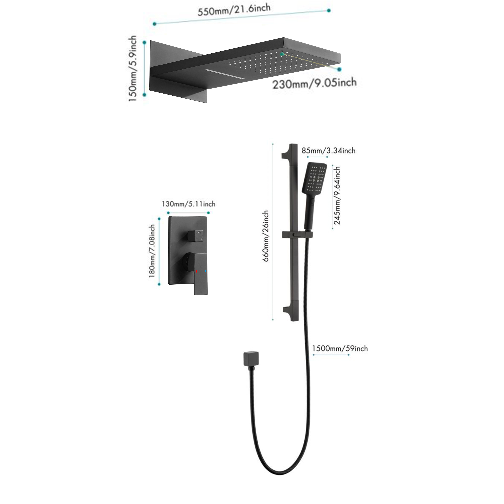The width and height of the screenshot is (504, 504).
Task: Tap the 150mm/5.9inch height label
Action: click(x=133, y=69)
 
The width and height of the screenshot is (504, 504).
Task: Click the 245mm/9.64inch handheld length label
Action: click(x=337, y=196)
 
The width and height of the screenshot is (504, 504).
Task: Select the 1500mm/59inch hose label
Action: click(x=340, y=349)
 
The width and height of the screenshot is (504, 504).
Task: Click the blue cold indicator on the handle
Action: click(x=206, y=271)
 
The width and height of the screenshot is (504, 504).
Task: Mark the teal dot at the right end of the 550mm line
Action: click(x=329, y=10)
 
